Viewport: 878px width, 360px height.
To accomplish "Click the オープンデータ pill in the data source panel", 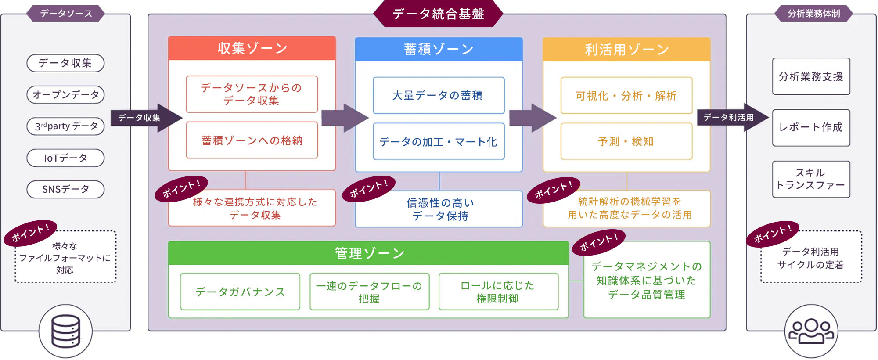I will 65,95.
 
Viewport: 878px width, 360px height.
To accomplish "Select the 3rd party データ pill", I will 65,126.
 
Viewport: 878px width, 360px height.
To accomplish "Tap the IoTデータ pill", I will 65,158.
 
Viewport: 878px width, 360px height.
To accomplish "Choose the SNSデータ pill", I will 65,190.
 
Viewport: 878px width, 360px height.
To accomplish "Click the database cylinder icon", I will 66,331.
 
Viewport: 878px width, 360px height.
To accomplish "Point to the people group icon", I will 811,331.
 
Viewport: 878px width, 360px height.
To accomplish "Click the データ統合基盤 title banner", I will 438,14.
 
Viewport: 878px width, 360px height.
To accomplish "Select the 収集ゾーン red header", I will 252,48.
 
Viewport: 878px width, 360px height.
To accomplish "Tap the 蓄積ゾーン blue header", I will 439,49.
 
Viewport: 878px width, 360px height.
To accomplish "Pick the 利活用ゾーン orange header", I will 626,50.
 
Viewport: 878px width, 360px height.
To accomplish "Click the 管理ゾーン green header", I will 369,253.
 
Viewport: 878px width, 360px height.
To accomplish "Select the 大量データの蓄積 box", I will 439,95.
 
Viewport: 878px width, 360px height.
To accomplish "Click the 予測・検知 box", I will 626,141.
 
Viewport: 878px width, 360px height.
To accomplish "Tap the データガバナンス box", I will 240,292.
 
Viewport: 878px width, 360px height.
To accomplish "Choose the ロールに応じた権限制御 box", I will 498,292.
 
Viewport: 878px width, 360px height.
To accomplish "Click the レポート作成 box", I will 811,128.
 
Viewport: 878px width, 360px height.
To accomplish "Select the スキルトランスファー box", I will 811,179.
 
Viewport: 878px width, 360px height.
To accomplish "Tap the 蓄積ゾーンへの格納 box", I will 252,140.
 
